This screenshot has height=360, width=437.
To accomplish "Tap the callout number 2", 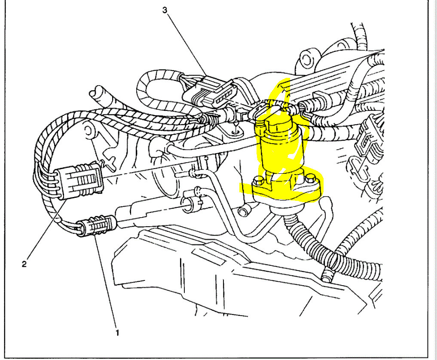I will [24, 264].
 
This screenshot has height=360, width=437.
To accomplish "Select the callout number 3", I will [165, 11].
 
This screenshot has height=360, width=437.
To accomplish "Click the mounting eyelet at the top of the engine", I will [307, 57].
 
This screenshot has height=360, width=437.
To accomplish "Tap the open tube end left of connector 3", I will [98, 93].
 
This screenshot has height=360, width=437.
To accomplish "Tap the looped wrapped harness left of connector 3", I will [148, 90].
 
